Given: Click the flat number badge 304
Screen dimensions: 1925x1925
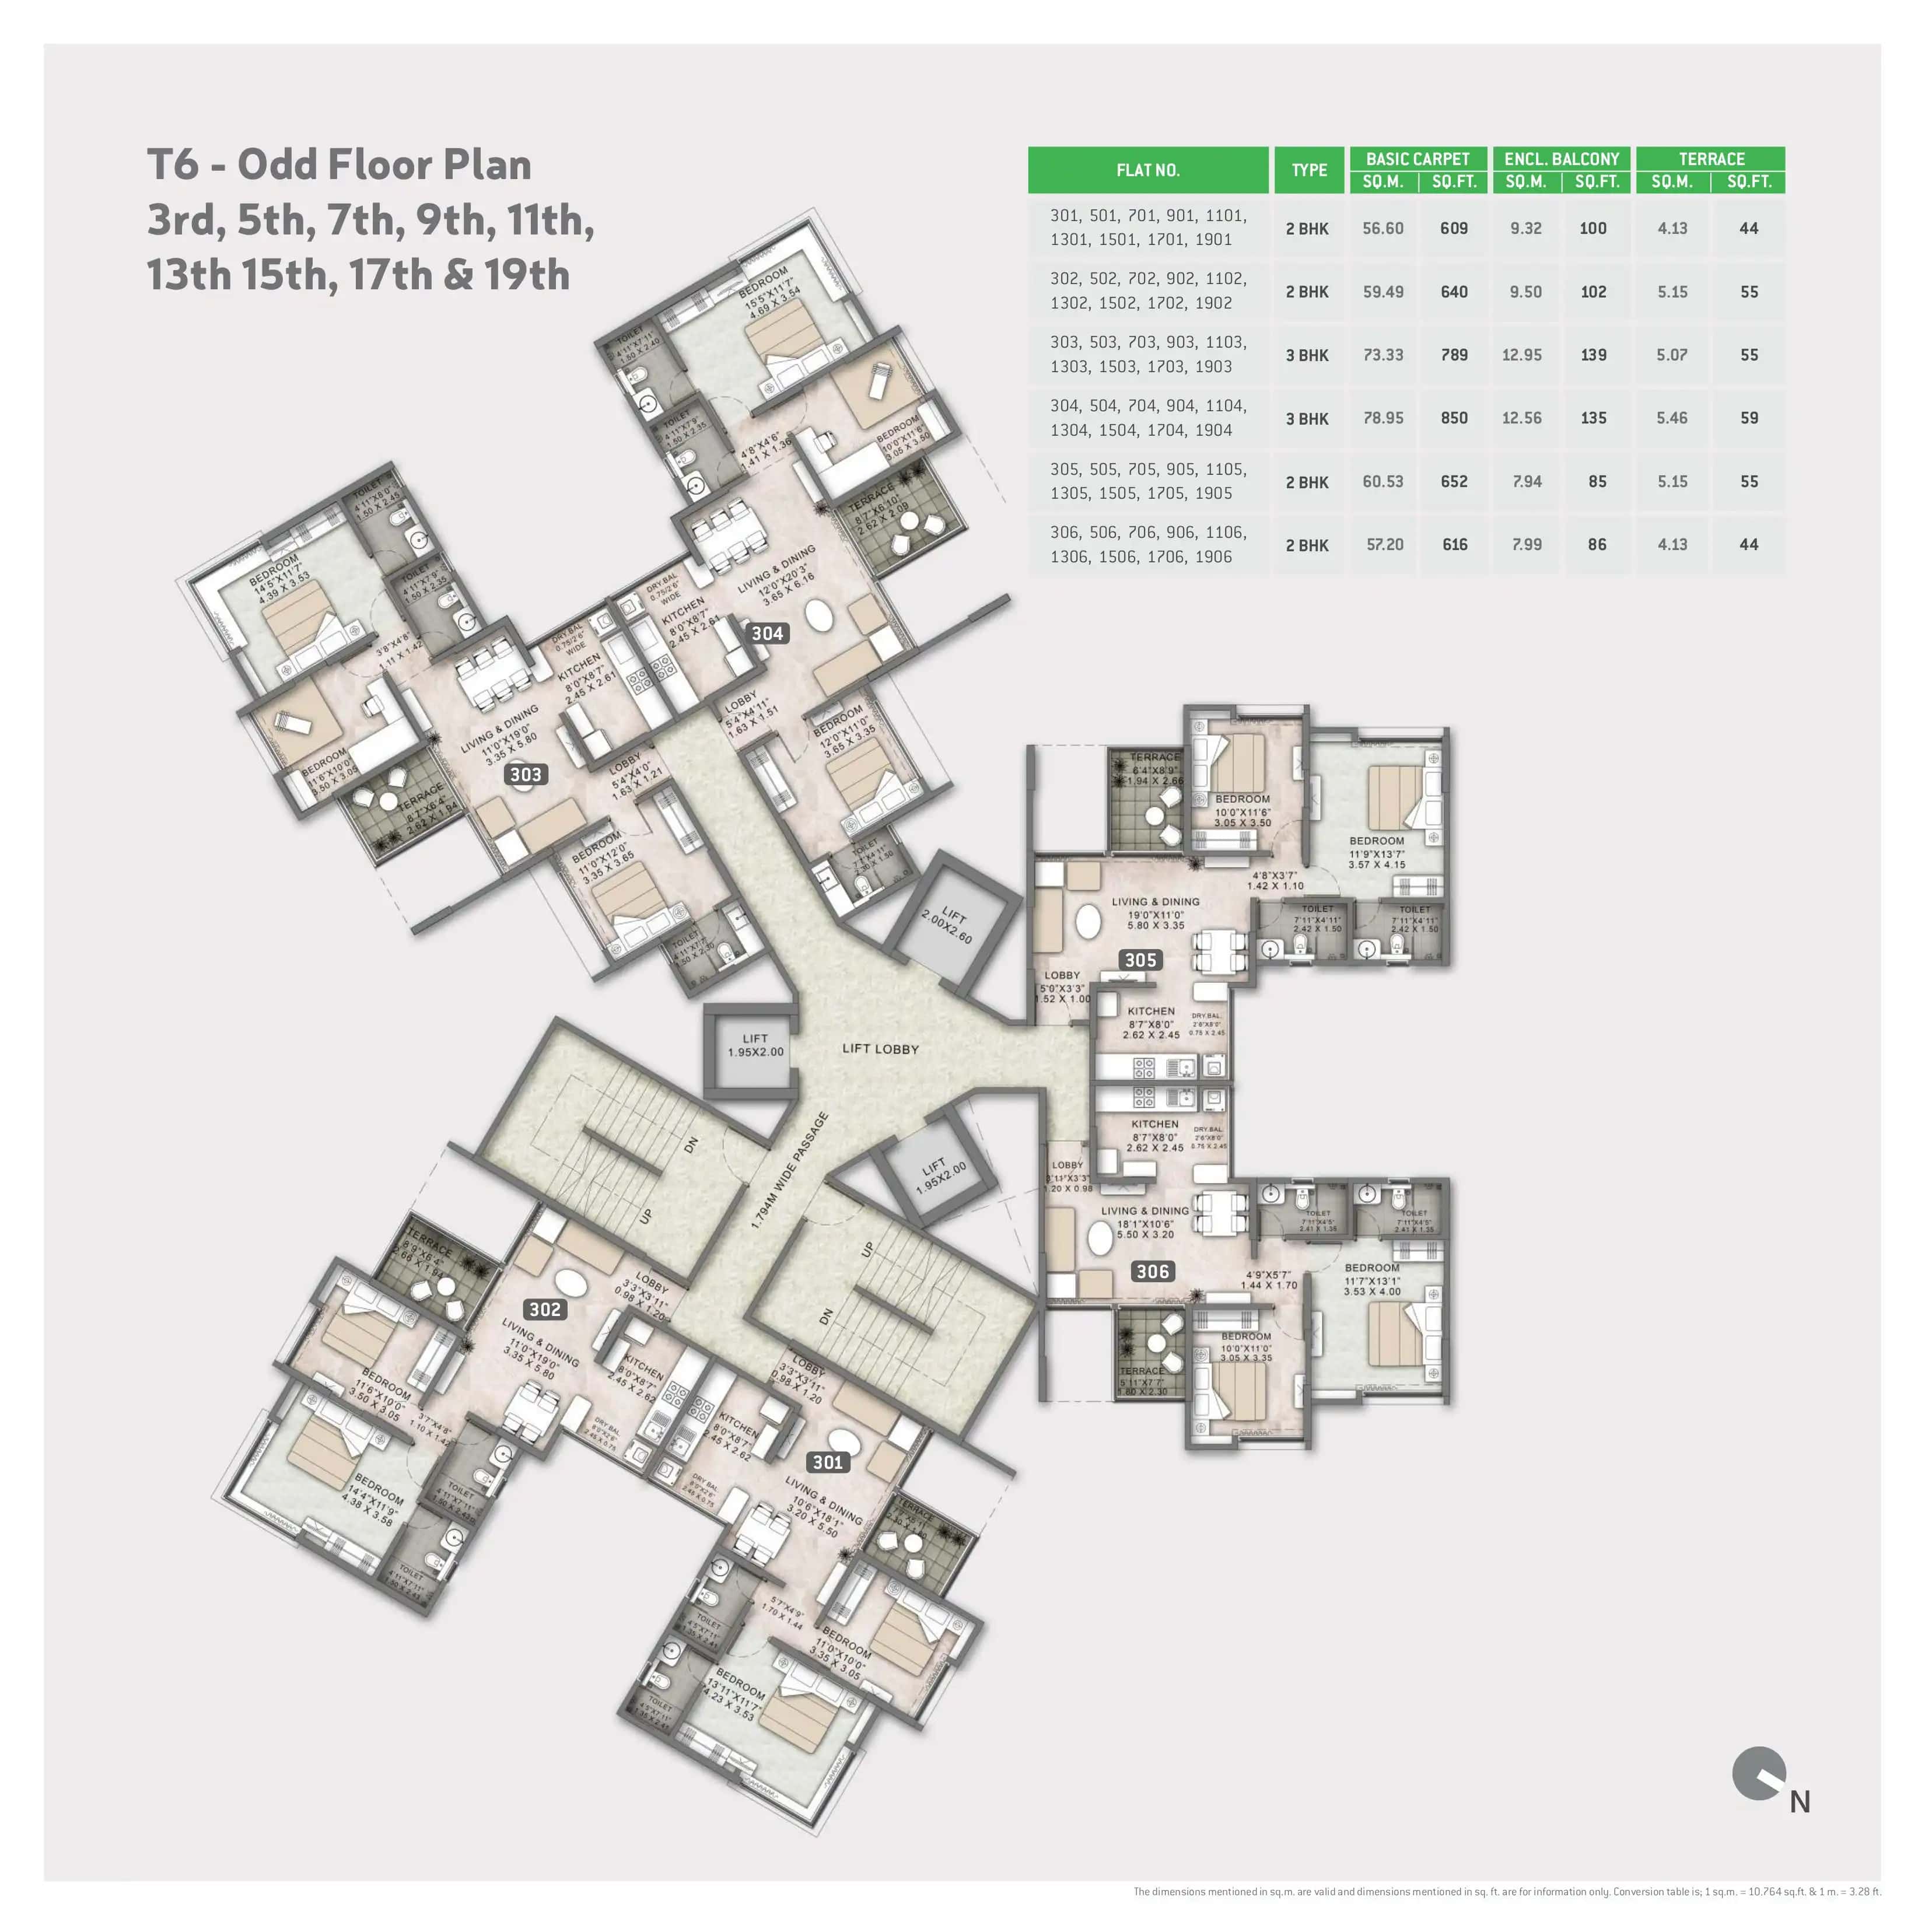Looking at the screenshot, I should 766,633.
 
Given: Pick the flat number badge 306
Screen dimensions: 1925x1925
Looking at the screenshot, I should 1152,1272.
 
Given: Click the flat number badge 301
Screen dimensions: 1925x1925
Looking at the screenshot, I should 828,1462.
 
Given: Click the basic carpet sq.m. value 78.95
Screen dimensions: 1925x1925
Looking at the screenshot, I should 1383,418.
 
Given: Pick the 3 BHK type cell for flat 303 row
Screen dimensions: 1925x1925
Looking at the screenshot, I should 1306,355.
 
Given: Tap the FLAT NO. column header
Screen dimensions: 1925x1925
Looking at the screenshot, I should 1148,170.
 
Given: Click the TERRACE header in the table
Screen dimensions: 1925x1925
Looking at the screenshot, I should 1711,159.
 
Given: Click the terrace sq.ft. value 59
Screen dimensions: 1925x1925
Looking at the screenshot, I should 1749,418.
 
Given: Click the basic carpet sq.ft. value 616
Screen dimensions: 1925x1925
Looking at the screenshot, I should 1455,545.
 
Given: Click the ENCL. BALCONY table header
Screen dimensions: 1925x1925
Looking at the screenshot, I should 1562,159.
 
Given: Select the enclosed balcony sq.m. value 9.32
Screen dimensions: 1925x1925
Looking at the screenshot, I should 1525,228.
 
